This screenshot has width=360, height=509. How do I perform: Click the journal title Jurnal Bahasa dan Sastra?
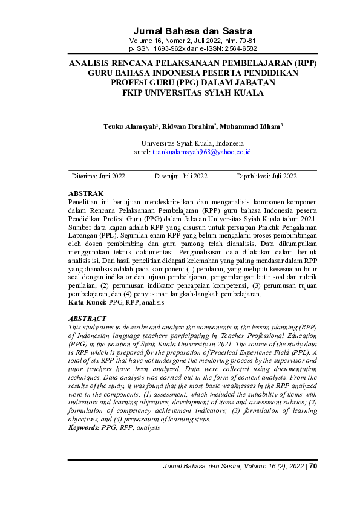[192, 31]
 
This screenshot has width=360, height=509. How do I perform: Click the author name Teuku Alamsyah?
[129, 126]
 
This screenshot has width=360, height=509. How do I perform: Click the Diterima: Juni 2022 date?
[99, 177]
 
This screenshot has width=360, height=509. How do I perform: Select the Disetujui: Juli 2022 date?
[181, 177]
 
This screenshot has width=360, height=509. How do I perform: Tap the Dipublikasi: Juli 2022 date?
[267, 177]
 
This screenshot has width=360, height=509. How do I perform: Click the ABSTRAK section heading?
[87, 193]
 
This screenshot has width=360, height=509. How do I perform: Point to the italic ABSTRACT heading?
[88, 318]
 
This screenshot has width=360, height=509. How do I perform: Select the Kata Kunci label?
[87, 301]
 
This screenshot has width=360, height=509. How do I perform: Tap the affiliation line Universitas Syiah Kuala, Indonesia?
[192, 143]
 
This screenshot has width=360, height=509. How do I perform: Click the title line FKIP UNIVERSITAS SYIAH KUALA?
[192, 93]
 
